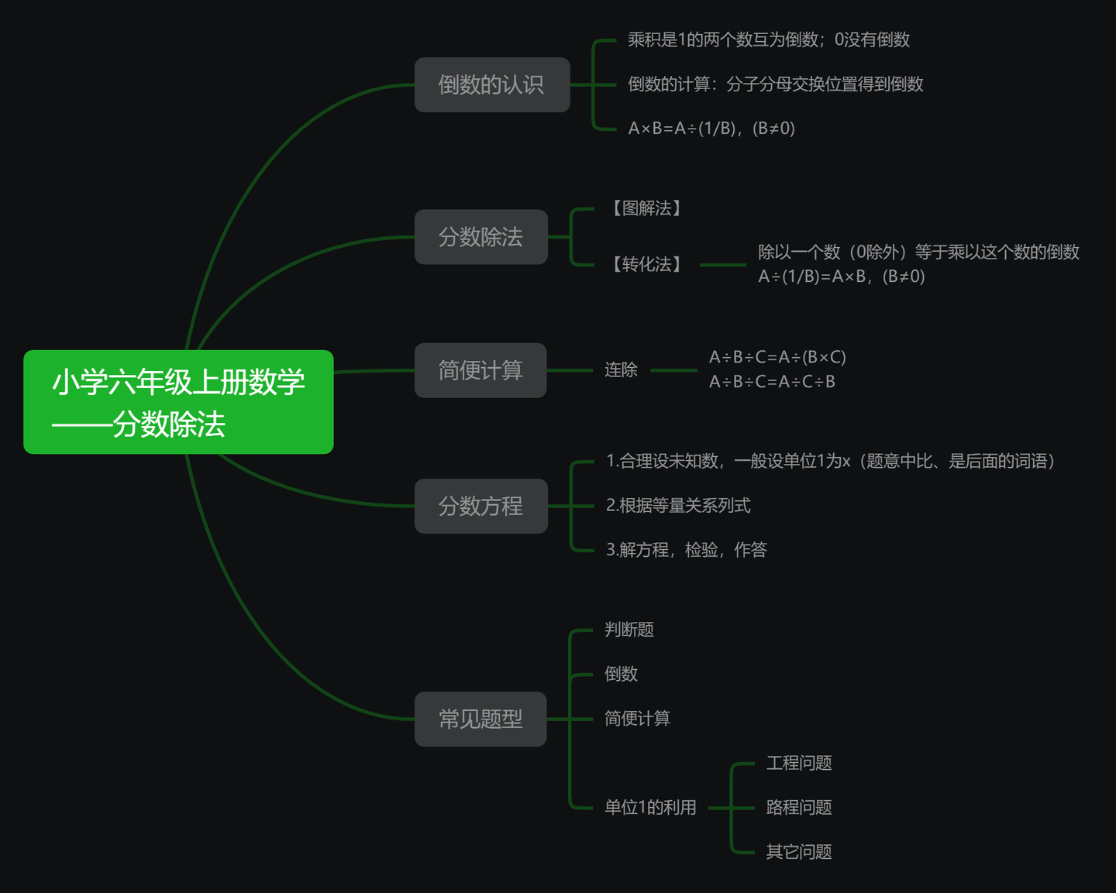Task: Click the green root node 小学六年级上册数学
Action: pos(178,402)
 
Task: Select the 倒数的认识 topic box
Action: pos(492,84)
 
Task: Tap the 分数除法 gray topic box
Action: pos(480,237)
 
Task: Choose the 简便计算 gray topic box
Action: pos(480,370)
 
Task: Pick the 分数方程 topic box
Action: pos(480,507)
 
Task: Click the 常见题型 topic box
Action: pos(480,720)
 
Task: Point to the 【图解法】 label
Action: pos(646,208)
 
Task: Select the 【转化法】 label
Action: pos(646,265)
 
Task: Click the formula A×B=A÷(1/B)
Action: pos(711,129)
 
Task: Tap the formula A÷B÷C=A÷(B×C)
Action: pos(777,357)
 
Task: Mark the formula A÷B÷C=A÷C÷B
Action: pos(772,382)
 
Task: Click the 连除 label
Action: pos(621,370)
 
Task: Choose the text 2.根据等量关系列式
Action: pos(678,506)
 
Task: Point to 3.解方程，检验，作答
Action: pos(686,550)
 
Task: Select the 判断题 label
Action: pos(629,630)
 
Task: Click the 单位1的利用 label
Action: pos(650,808)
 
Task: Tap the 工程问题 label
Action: pos(799,764)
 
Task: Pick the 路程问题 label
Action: pos(799,808)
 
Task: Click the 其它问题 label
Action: pos(799,852)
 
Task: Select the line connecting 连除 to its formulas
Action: pos(673,370)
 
